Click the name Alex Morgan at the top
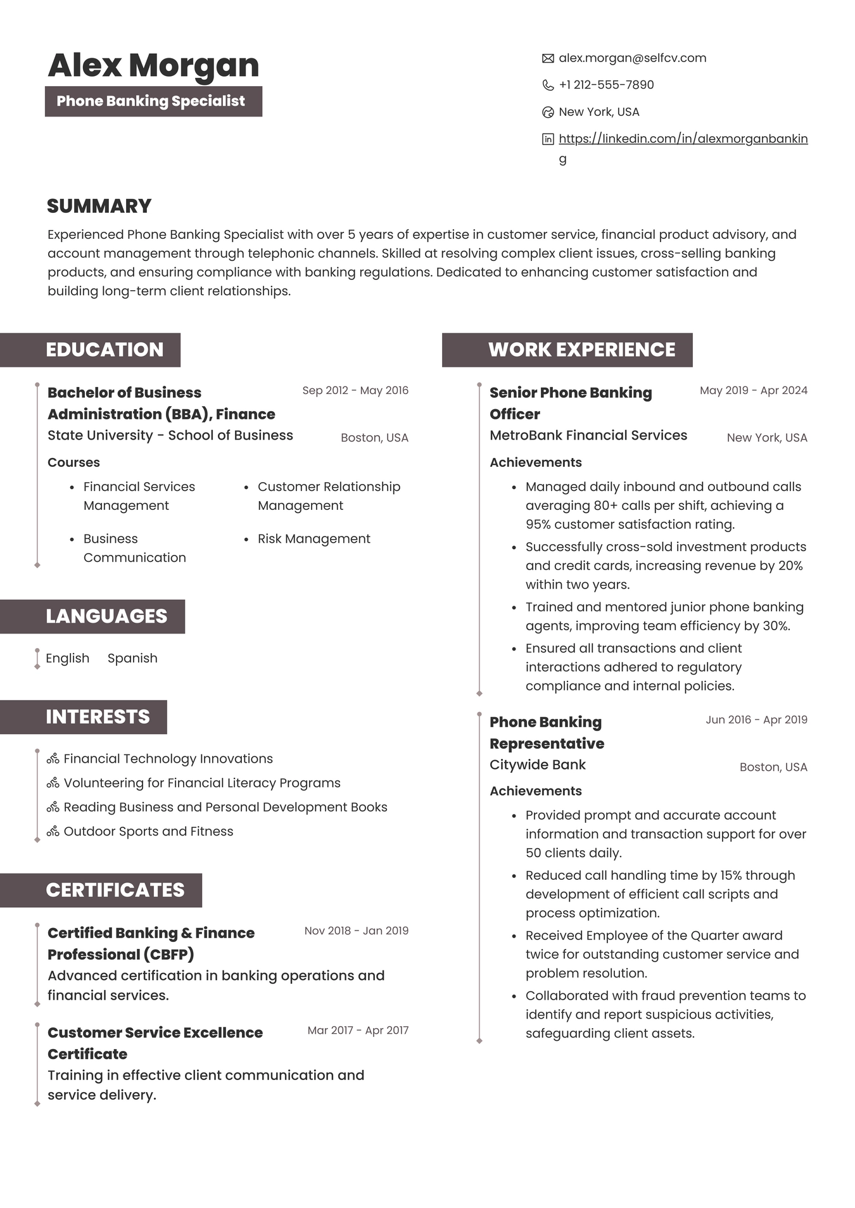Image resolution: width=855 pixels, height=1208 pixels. pos(153,65)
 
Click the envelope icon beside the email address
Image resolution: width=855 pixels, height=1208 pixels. pos(548,58)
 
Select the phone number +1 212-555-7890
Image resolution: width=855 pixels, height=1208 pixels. pos(606,85)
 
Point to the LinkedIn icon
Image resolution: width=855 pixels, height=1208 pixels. pos(548,139)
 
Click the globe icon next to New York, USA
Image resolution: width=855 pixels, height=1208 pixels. pos(548,112)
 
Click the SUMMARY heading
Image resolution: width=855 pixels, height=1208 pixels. pos(99,206)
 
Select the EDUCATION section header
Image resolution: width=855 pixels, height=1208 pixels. pos(104,350)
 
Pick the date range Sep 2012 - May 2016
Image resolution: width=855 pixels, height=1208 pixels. pos(355,390)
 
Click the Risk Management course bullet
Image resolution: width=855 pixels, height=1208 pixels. pos(313,538)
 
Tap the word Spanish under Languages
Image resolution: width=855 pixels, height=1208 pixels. pos(132,658)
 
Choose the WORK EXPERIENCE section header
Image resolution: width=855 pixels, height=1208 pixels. pos(581,350)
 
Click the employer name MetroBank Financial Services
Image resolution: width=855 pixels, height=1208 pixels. pos(588,435)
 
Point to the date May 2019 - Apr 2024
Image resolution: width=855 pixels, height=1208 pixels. pos(753,390)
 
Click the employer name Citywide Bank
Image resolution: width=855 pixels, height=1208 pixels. pos(537,765)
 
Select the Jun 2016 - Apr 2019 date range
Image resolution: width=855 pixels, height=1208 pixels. pos(756,720)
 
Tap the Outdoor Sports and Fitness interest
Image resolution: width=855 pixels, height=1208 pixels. pos(148,831)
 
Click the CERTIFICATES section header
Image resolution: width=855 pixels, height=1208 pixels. pos(115,890)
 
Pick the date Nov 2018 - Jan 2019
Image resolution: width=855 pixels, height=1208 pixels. pos(356,931)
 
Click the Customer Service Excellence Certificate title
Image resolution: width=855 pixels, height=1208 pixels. pos(155,1043)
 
